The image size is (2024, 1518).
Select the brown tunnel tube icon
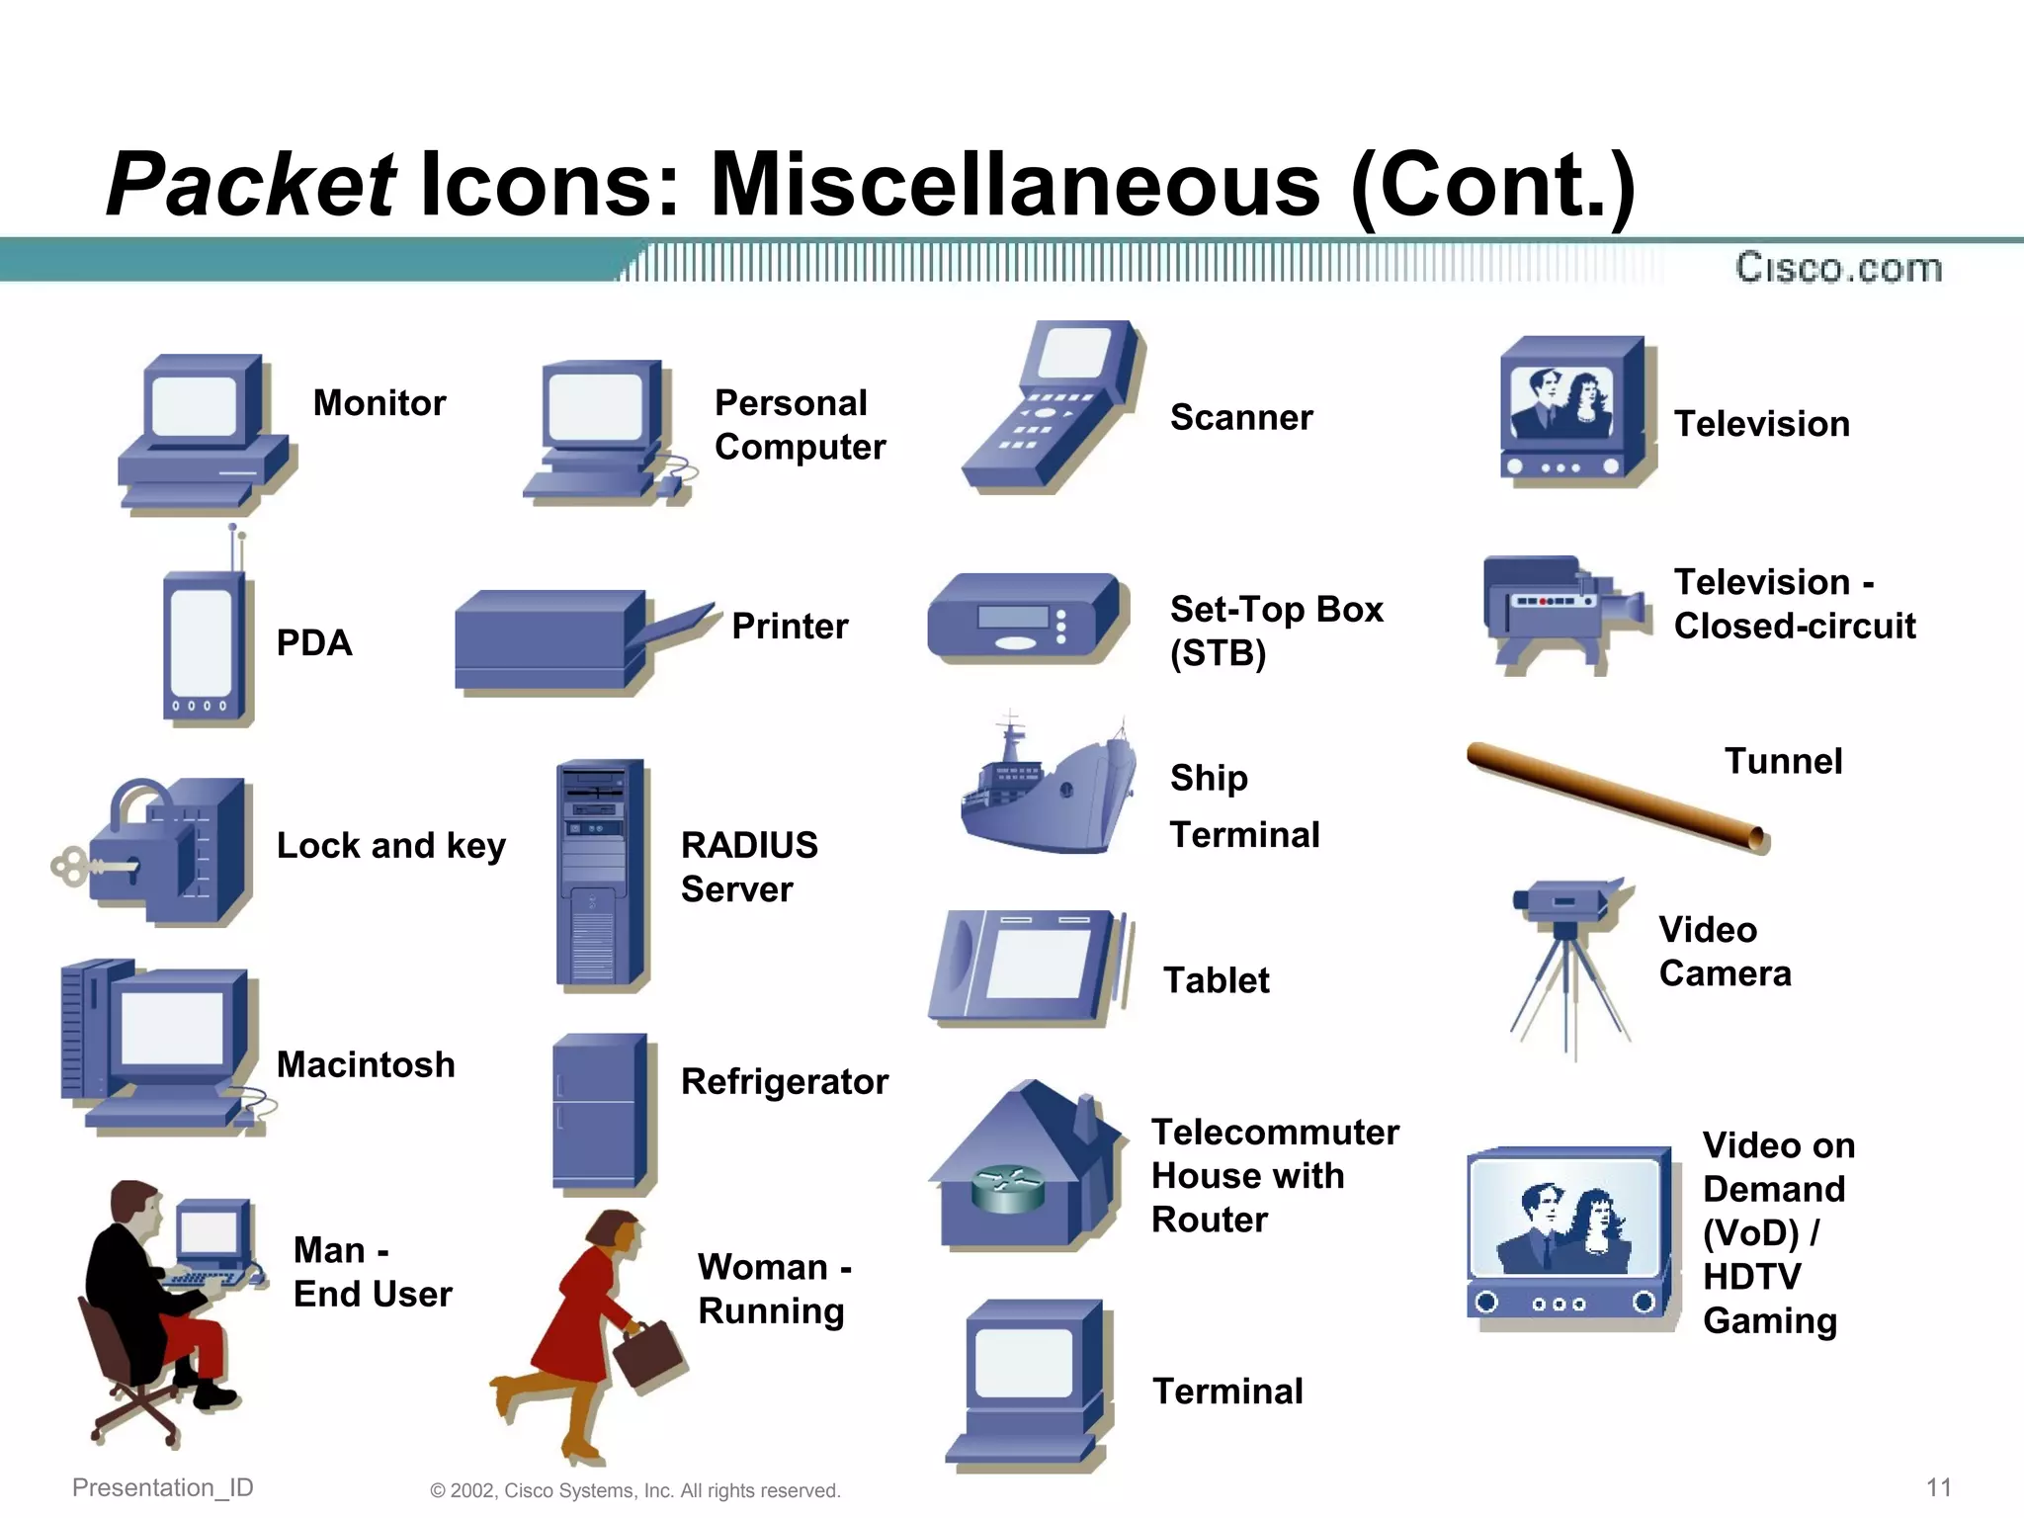point(1617,797)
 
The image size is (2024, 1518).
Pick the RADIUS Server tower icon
point(599,874)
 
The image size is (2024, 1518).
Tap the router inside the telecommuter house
point(1007,1188)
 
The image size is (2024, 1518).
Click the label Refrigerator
point(785,1082)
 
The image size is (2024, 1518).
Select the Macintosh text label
point(366,1064)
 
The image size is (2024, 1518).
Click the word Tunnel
point(1783,761)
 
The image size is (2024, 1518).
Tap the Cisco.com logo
point(1838,268)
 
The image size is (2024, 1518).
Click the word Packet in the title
point(251,185)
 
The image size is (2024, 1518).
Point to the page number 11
point(1939,1487)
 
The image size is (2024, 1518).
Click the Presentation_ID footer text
point(163,1487)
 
